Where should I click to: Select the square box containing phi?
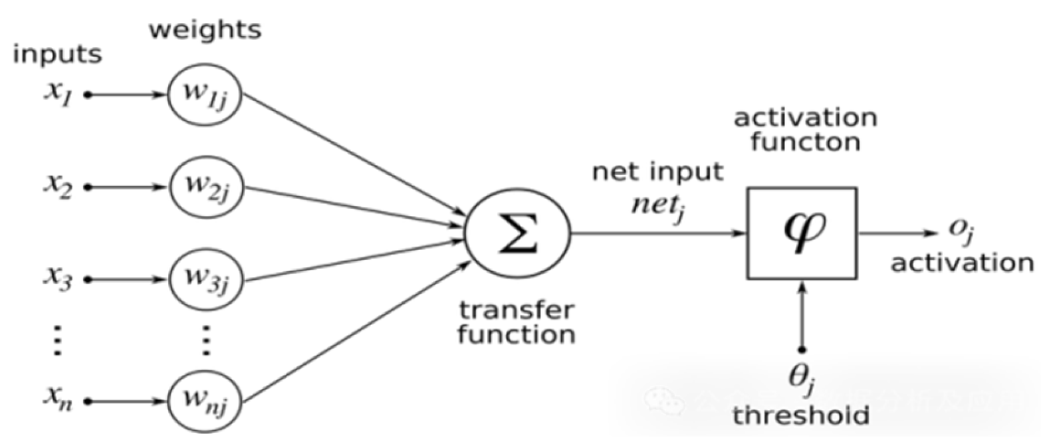tap(802, 233)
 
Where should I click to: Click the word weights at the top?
tap(205, 30)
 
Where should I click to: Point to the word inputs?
tap(57, 55)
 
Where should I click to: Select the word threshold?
tap(801, 416)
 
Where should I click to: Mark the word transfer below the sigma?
tap(517, 309)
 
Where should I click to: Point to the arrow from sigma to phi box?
tap(658, 233)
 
